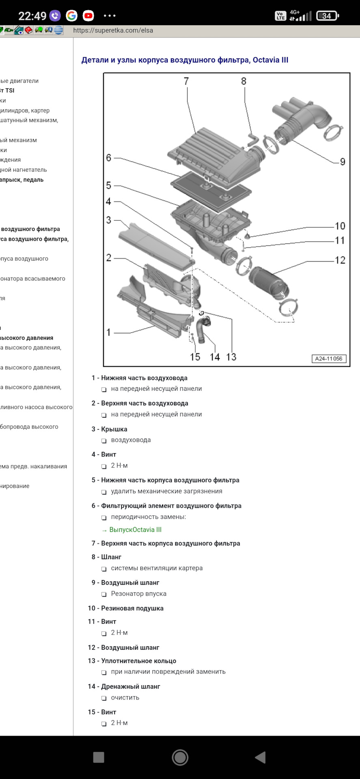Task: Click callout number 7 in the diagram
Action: click(186, 81)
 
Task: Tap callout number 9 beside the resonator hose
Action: click(343, 162)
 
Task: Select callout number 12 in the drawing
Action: click(340, 260)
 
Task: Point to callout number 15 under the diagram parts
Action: click(195, 357)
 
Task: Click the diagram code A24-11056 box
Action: click(329, 359)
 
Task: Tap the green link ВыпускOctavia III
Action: click(135, 530)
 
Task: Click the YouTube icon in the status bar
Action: click(88, 16)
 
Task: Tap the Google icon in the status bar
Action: click(72, 16)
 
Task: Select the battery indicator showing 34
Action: click(327, 16)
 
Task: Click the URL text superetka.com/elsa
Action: click(113, 30)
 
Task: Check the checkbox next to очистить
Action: click(104, 698)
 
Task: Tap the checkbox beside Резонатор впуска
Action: click(104, 594)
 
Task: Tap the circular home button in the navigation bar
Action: click(180, 757)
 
